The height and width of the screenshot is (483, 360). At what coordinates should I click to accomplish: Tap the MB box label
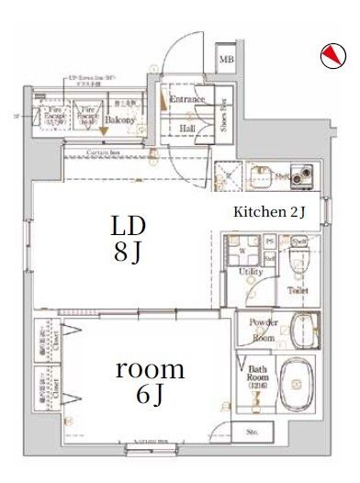point(225,62)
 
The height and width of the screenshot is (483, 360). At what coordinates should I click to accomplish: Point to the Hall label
point(186,129)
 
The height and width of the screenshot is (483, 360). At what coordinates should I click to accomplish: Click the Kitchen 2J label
point(269,212)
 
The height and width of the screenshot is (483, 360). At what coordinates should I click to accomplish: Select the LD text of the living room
point(129,226)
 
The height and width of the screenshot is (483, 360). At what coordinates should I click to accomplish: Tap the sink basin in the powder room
point(298,329)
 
